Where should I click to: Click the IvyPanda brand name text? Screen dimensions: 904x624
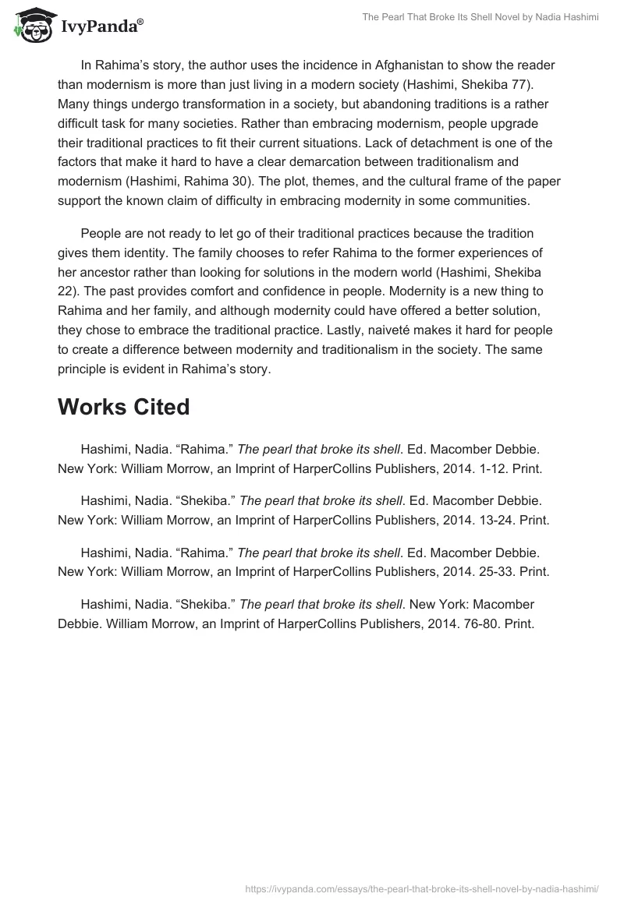point(101,27)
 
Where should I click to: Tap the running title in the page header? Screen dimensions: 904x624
point(480,18)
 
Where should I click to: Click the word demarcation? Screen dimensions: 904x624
point(368,161)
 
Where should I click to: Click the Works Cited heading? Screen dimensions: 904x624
point(123,407)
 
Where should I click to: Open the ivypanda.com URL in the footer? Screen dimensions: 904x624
point(421,888)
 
